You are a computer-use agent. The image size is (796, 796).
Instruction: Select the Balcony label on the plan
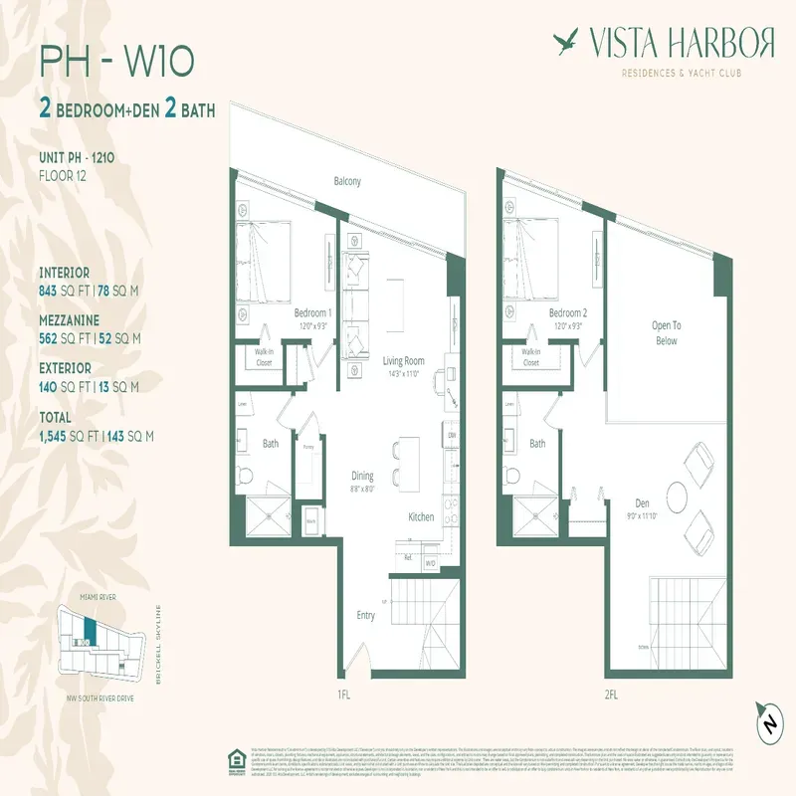[x=347, y=181]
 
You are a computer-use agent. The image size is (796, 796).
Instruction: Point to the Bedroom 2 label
[x=567, y=312]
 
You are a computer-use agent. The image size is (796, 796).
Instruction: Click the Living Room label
[x=403, y=361]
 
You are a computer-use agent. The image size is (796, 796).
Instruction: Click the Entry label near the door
[x=366, y=616]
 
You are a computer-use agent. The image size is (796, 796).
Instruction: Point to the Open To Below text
[x=666, y=332]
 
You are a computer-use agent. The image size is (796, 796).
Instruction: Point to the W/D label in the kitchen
[x=430, y=563]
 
